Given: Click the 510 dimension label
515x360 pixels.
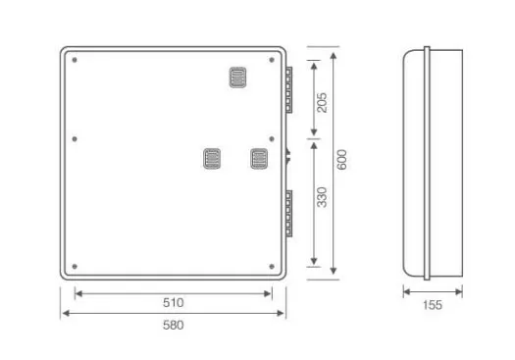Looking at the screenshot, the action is point(173,302).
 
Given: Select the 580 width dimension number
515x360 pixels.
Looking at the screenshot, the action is point(173,326).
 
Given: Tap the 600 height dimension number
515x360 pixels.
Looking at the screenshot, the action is point(342,160).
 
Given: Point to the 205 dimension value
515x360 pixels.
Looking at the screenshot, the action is point(322,103).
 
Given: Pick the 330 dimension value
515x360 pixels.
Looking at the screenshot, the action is point(322,197).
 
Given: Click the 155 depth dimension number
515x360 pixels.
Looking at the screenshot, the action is point(433,305).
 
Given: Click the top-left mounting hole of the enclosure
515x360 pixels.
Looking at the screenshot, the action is point(75,60).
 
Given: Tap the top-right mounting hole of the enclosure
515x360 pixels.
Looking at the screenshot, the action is point(272,60).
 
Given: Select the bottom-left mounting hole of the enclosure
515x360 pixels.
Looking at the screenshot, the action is point(75,267).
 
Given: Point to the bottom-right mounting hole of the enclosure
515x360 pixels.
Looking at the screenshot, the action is point(272,267).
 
